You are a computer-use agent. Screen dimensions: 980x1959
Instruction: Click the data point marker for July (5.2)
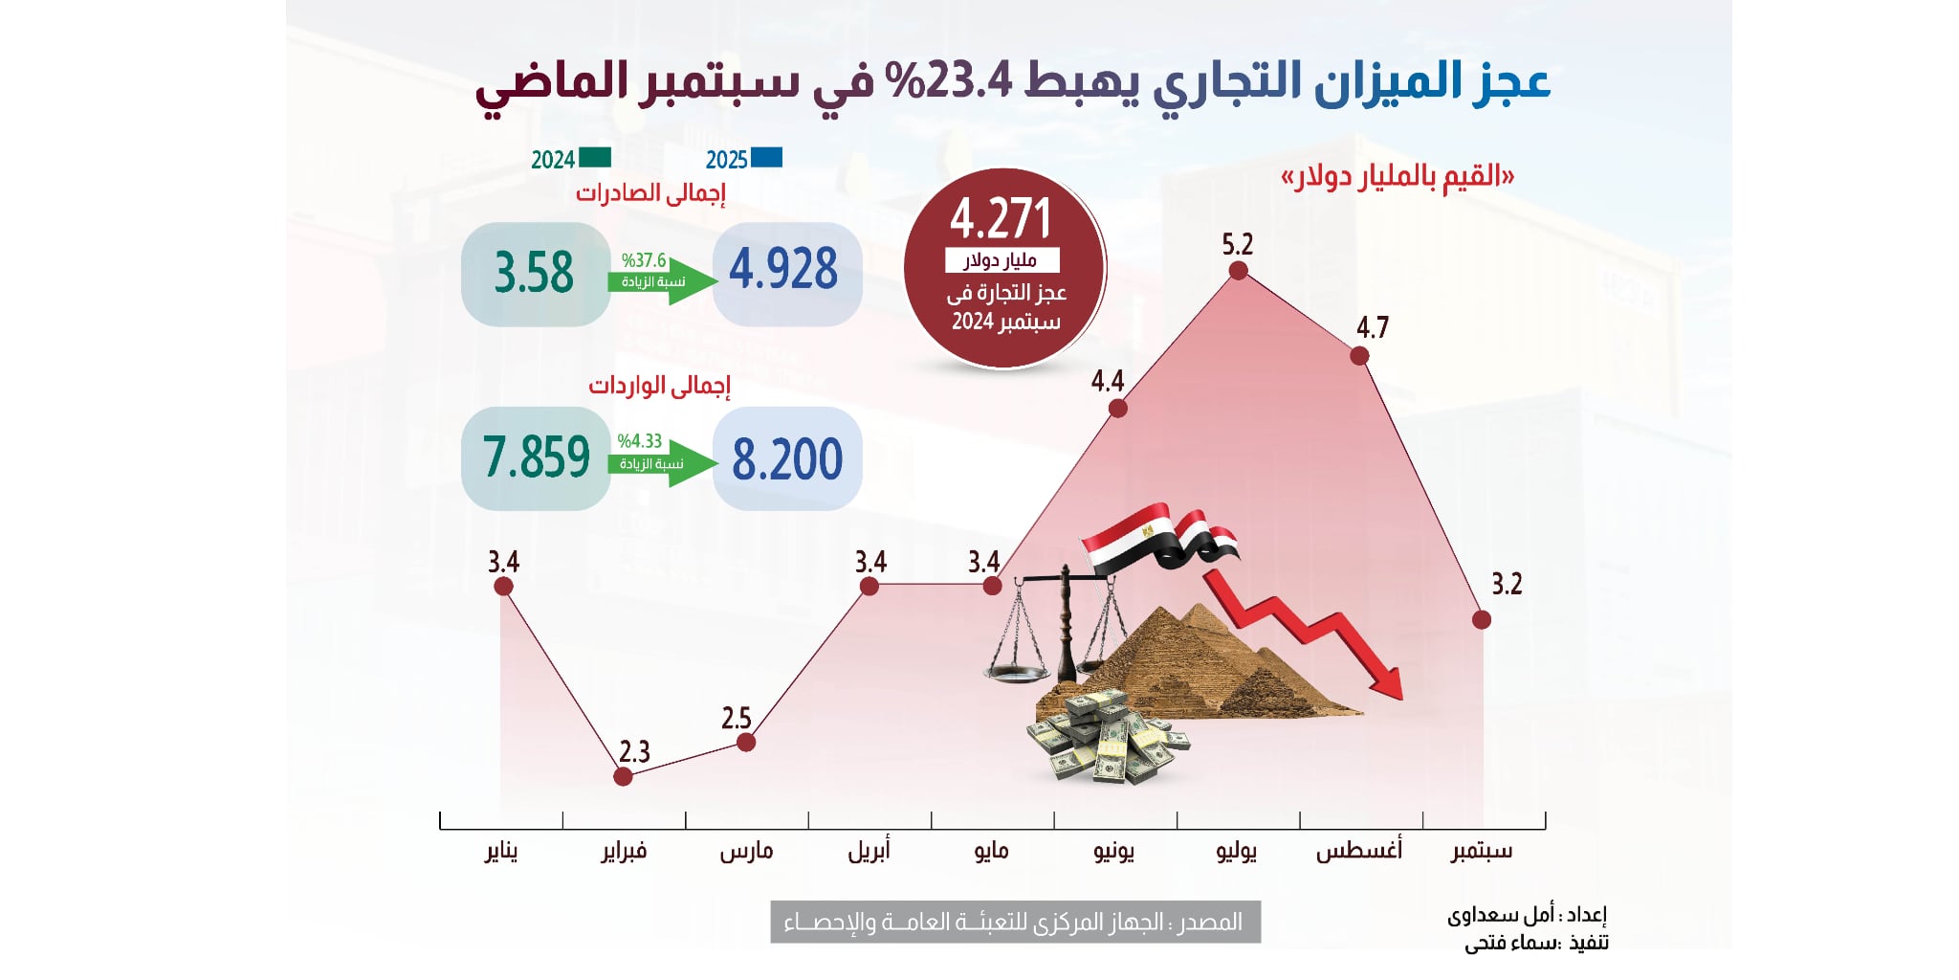pos(1238,271)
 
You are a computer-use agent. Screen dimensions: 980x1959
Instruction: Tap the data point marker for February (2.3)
pos(623,776)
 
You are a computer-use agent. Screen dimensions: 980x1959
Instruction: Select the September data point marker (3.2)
pos(1482,620)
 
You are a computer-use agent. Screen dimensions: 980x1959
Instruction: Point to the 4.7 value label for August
pos(1372,328)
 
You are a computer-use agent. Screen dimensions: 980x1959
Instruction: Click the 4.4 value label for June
pos(1107,382)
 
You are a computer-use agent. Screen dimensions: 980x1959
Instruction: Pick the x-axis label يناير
pos(501,851)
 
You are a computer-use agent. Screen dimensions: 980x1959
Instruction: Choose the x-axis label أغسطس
pos(1358,851)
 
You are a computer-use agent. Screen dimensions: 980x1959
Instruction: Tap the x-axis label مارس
pos(746,851)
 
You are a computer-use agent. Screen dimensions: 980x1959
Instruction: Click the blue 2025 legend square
pos(767,158)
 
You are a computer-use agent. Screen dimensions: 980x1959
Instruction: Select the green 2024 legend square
pos(594,158)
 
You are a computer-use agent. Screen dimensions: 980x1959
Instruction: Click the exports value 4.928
pos(784,271)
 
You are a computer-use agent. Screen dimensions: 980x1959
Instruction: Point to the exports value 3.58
pos(534,273)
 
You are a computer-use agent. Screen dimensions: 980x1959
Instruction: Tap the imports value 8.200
pos(787,459)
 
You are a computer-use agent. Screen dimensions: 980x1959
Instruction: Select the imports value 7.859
pos(536,457)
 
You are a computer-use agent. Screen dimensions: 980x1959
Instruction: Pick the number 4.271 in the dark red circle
pos(1001,219)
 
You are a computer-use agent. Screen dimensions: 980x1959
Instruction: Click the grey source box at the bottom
pos(1015,922)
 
